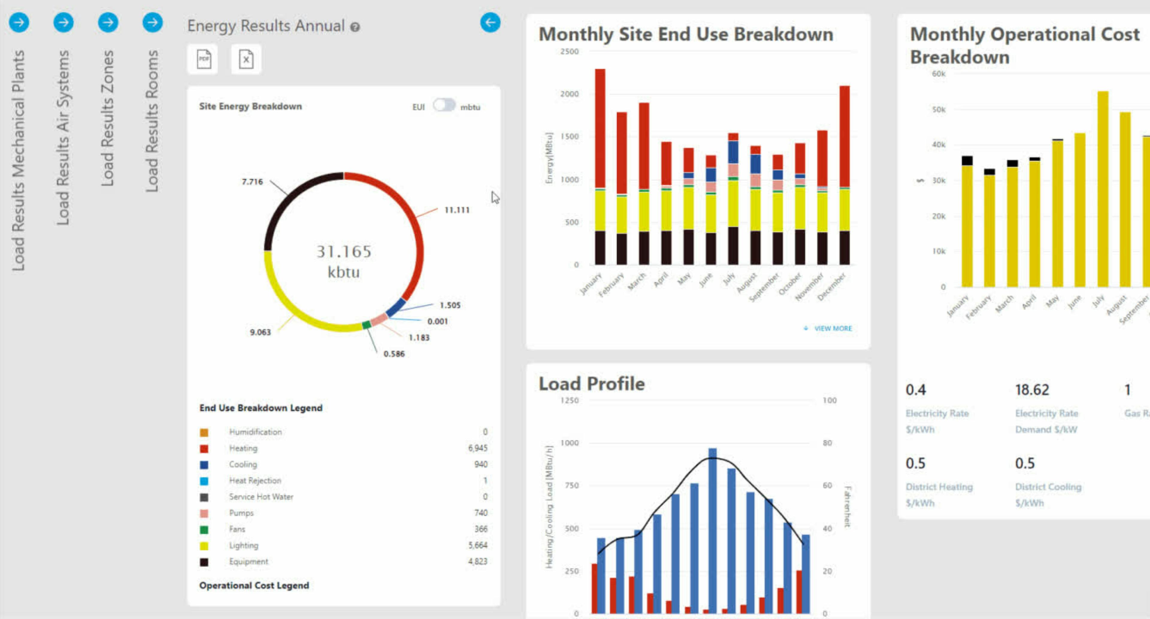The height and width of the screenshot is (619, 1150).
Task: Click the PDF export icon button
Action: [204, 59]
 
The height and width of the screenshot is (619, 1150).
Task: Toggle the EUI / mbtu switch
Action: [444, 105]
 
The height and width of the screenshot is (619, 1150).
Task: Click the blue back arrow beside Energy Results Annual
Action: [490, 22]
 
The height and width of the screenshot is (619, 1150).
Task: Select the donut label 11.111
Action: [457, 210]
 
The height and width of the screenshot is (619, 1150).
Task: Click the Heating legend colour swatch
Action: [204, 448]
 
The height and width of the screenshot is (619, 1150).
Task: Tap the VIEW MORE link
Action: [832, 328]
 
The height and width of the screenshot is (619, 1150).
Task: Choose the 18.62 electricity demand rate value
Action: [1032, 390]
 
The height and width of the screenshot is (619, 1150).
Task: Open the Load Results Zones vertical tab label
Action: [108, 118]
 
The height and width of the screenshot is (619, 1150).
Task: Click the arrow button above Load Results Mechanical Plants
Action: [19, 22]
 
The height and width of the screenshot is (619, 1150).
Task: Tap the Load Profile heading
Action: [591, 384]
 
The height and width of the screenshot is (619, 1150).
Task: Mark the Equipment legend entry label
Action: [249, 562]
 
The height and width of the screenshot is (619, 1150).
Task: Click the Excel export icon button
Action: [246, 59]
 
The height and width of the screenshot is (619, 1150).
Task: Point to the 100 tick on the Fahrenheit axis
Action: [829, 400]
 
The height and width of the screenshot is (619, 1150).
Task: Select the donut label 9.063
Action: [260, 332]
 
